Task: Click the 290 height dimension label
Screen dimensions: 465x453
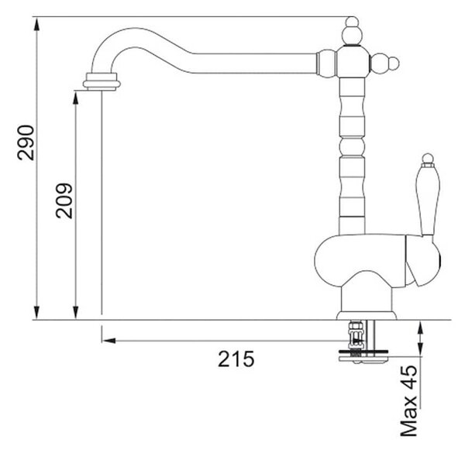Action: coord(26,143)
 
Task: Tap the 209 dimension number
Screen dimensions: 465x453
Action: coord(64,201)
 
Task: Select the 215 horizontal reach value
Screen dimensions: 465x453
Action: coord(236,359)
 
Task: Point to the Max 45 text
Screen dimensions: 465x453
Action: coord(408,401)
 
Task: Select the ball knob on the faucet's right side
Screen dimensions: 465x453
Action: coord(384,63)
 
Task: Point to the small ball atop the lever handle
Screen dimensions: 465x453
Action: coord(428,158)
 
